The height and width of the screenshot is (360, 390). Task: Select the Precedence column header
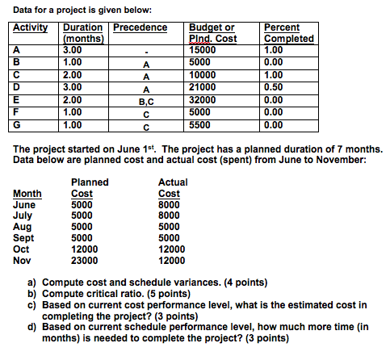coord(140,27)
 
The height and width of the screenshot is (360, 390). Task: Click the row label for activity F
coord(18,113)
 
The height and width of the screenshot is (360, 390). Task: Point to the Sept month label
coord(26,238)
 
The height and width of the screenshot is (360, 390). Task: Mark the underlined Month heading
coord(28,194)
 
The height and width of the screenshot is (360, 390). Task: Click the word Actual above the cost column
coord(174,182)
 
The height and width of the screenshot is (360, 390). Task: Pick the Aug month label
coord(24,227)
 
